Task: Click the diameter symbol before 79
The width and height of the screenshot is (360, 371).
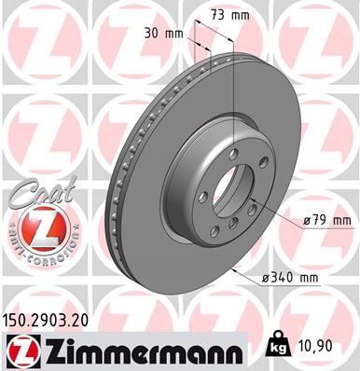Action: point(308,221)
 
